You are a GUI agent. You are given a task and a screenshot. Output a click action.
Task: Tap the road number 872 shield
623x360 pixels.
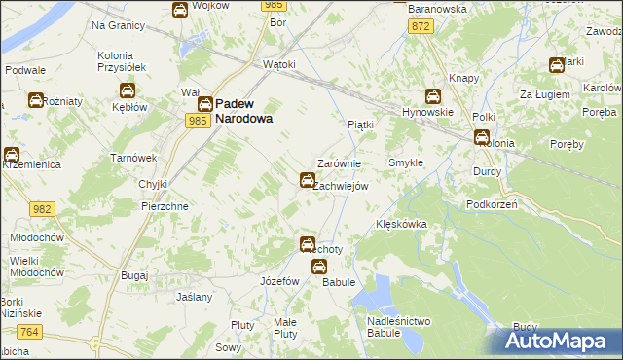pyautogui.click(x=421, y=27)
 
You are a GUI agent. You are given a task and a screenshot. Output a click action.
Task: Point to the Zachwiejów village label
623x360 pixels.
pyautogui.click(x=341, y=187)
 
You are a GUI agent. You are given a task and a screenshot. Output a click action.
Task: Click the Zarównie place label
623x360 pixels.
pyautogui.click(x=340, y=163)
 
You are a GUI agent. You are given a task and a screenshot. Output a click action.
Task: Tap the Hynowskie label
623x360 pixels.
pyautogui.click(x=432, y=113)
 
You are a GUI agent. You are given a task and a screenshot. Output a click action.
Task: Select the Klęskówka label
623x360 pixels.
pyautogui.click(x=402, y=224)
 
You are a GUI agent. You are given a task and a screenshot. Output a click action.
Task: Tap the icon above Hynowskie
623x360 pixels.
pyautogui.click(x=432, y=96)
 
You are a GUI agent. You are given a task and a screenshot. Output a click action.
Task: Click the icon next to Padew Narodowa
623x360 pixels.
pyautogui.click(x=205, y=104)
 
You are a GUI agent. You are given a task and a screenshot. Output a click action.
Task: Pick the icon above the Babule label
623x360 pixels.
pyautogui.click(x=318, y=266)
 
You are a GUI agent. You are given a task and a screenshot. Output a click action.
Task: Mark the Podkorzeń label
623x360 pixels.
pyautogui.click(x=491, y=205)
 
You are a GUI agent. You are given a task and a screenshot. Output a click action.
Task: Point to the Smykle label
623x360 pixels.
pyautogui.click(x=406, y=162)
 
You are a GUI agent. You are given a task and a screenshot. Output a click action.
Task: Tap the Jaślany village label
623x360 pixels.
pyautogui.click(x=194, y=296)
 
